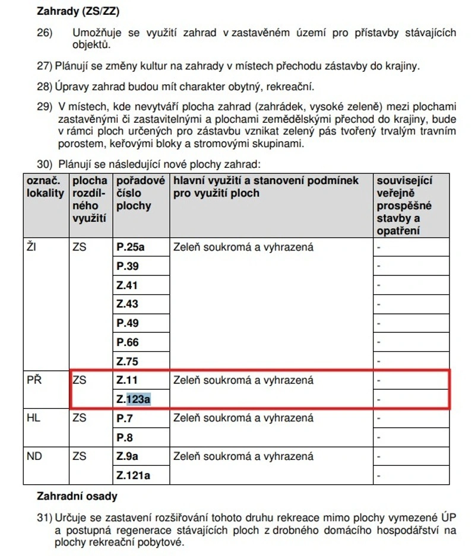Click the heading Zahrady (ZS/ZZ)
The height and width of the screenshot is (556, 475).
pyautogui.click(x=83, y=11)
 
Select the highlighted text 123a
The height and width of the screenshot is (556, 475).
pyautogui.click(x=138, y=399)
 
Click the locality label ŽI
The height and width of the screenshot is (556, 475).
pyautogui.click(x=31, y=247)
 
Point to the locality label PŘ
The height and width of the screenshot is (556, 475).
pyautogui.click(x=33, y=380)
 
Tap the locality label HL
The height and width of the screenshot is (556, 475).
pyautogui.click(x=33, y=418)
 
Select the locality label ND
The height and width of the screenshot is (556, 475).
pyautogui.click(x=34, y=457)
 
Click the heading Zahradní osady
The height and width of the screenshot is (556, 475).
pyautogui.click(x=77, y=496)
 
